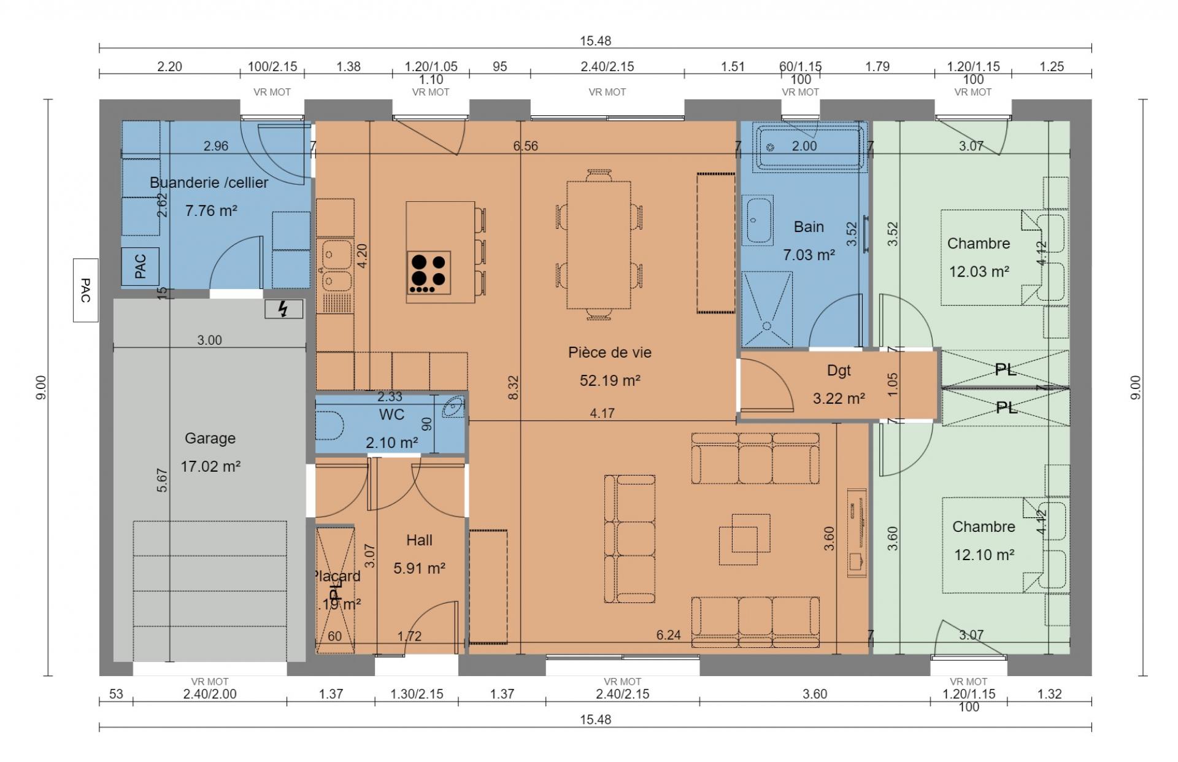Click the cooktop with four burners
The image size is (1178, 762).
[428, 272]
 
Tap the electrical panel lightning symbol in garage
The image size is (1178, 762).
[283, 309]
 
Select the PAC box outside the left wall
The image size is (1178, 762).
[85, 290]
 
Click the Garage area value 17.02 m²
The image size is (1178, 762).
[210, 466]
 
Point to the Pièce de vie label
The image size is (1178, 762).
[609, 353]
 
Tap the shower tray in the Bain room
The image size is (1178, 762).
[766, 310]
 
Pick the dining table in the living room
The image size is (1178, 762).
[599, 245]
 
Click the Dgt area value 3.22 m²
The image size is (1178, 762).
[839, 399]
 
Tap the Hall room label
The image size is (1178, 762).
[419, 541]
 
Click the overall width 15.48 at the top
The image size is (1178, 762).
[595, 41]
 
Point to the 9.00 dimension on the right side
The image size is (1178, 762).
[1136, 388]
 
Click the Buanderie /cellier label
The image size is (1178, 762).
[209, 183]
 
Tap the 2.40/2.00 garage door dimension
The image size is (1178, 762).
[209, 695]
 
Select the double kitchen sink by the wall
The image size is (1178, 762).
[335, 266]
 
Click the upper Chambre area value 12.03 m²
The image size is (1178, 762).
[979, 271]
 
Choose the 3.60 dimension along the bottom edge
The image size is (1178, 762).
[815, 695]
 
